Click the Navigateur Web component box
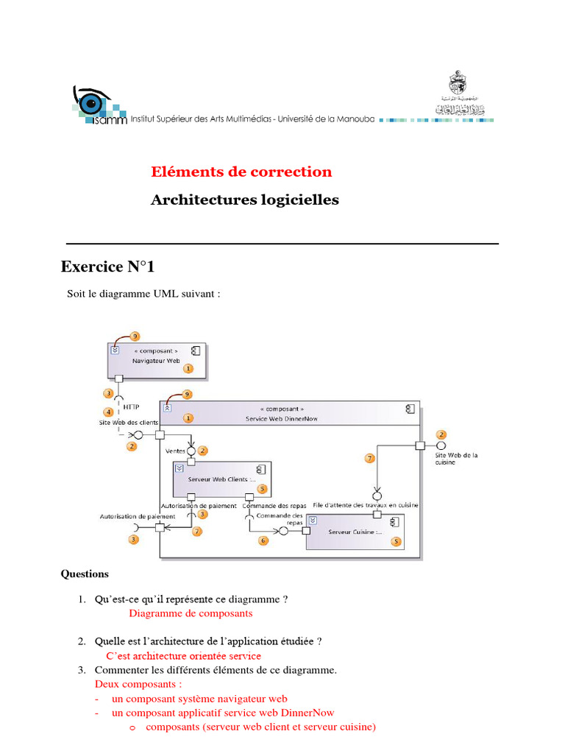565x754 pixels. tap(156, 356)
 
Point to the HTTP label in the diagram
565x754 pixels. tap(131, 406)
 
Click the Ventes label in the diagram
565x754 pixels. tap(175, 450)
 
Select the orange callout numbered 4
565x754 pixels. tap(109, 412)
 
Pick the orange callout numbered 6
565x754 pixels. tap(263, 540)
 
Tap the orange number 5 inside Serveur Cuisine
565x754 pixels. tap(397, 542)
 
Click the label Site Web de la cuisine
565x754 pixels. tap(456, 458)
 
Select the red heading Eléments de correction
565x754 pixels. tap(241, 172)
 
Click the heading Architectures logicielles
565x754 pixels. tap(245, 200)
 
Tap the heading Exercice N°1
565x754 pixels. tap(108, 267)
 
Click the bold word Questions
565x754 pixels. tap(85, 574)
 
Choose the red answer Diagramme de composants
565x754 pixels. tap(191, 613)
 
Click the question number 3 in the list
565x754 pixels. tap(82, 670)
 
